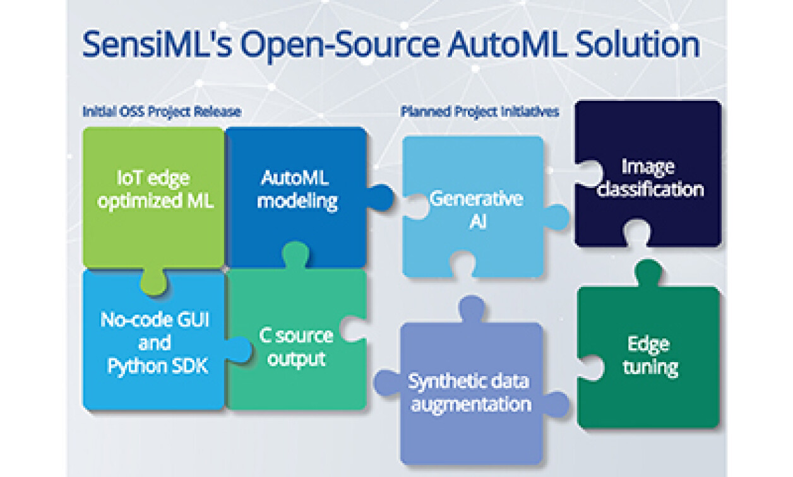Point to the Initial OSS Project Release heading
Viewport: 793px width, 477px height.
click(162, 112)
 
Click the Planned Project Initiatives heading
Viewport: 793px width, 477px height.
click(480, 112)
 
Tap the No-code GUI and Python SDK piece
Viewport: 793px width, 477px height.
click(154, 341)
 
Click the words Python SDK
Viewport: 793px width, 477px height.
click(157, 365)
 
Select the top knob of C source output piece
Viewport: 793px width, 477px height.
click(295, 254)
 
